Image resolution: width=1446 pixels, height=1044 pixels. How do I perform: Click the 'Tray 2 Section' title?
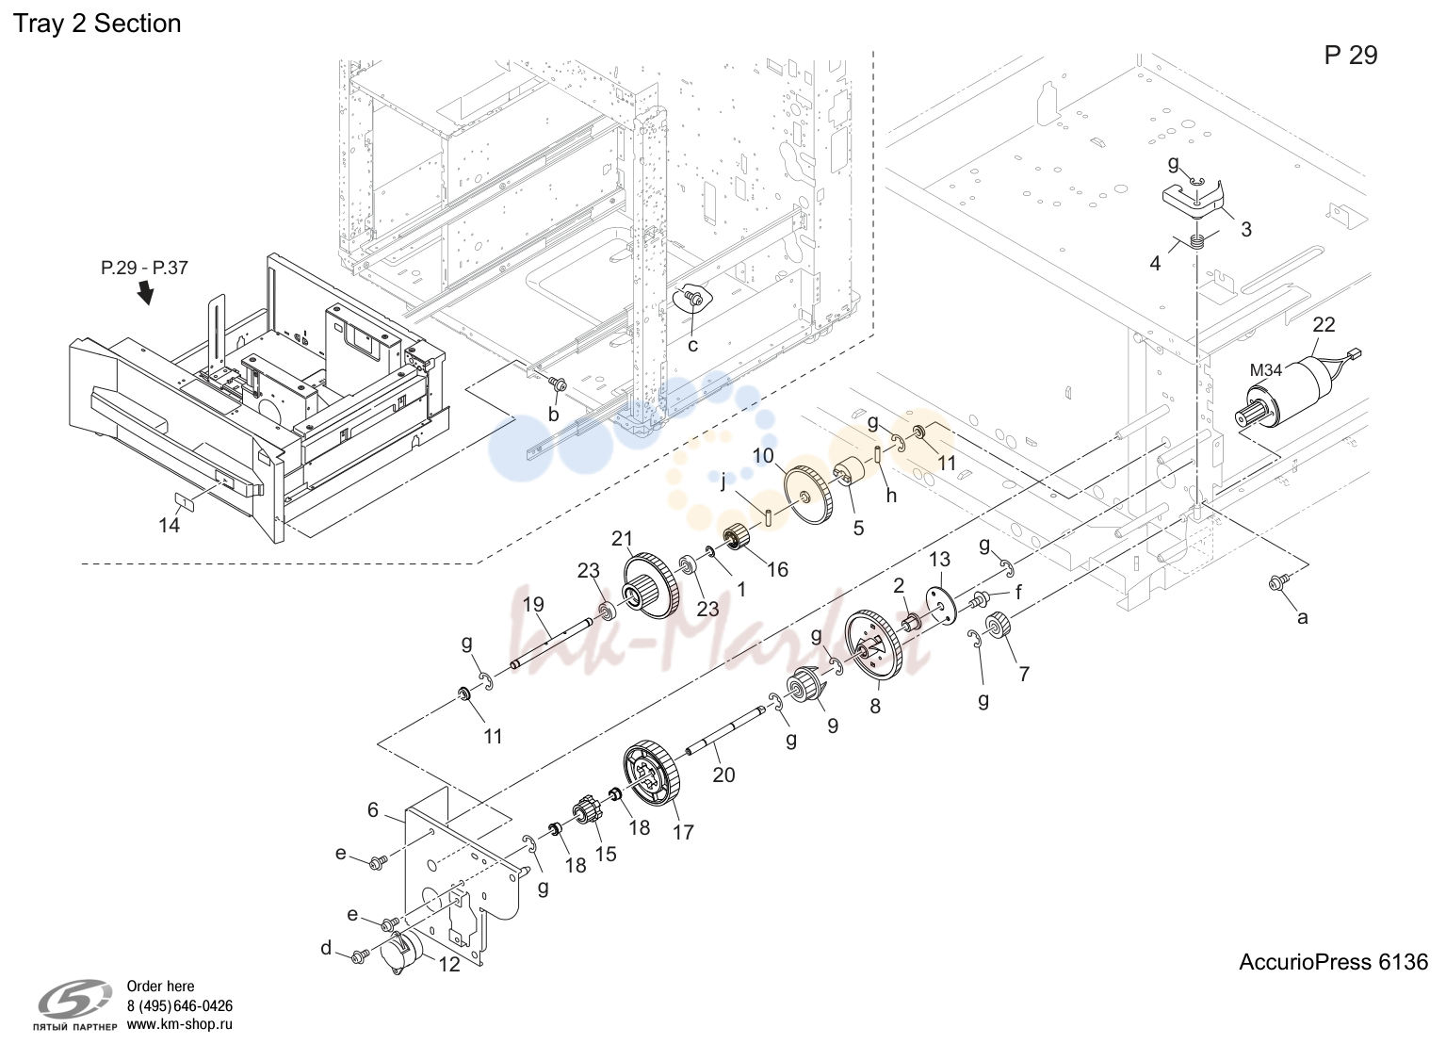point(97,24)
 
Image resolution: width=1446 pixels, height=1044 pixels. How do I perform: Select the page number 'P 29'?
point(1351,56)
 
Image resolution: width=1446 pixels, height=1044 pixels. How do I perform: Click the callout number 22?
point(1324,324)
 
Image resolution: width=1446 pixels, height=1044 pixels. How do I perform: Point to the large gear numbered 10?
point(807,494)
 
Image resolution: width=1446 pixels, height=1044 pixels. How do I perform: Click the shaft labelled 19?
point(553,643)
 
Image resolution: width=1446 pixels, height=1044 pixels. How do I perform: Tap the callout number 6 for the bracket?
point(372,809)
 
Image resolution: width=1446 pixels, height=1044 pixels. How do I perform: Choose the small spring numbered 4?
point(1197,243)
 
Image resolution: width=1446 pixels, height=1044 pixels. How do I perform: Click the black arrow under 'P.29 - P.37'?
point(147,292)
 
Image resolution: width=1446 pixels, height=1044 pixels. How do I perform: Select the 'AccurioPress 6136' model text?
point(1333,962)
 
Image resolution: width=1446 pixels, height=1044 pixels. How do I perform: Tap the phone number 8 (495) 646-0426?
point(180,1006)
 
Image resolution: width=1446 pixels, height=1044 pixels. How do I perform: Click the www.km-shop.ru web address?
point(180,1024)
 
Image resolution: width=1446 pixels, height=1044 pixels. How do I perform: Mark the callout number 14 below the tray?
point(170,526)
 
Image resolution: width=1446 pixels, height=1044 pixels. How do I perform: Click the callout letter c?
point(692,346)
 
